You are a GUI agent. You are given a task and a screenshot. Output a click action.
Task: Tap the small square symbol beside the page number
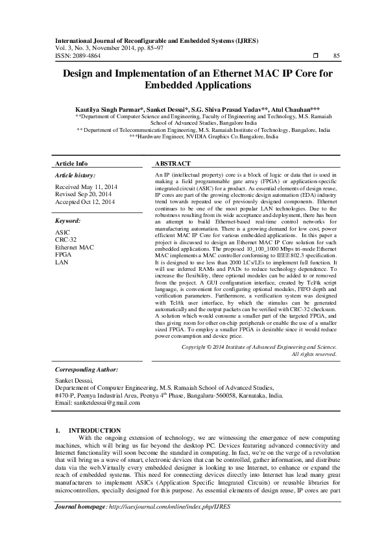(x=316, y=57)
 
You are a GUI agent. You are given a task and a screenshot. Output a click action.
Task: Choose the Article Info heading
(x=71, y=164)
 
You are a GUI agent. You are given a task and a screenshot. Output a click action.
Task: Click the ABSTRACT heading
(x=173, y=164)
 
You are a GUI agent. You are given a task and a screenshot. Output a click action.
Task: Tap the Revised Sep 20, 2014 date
(x=83, y=194)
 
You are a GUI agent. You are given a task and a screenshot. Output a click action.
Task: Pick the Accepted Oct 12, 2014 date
(x=85, y=202)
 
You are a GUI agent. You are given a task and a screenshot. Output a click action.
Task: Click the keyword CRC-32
(x=67, y=240)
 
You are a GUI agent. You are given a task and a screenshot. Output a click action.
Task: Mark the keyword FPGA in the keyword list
(x=64, y=255)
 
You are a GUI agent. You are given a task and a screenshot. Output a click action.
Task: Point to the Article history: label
(x=75, y=175)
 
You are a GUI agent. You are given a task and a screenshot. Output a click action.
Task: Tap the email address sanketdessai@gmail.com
(x=97, y=403)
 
